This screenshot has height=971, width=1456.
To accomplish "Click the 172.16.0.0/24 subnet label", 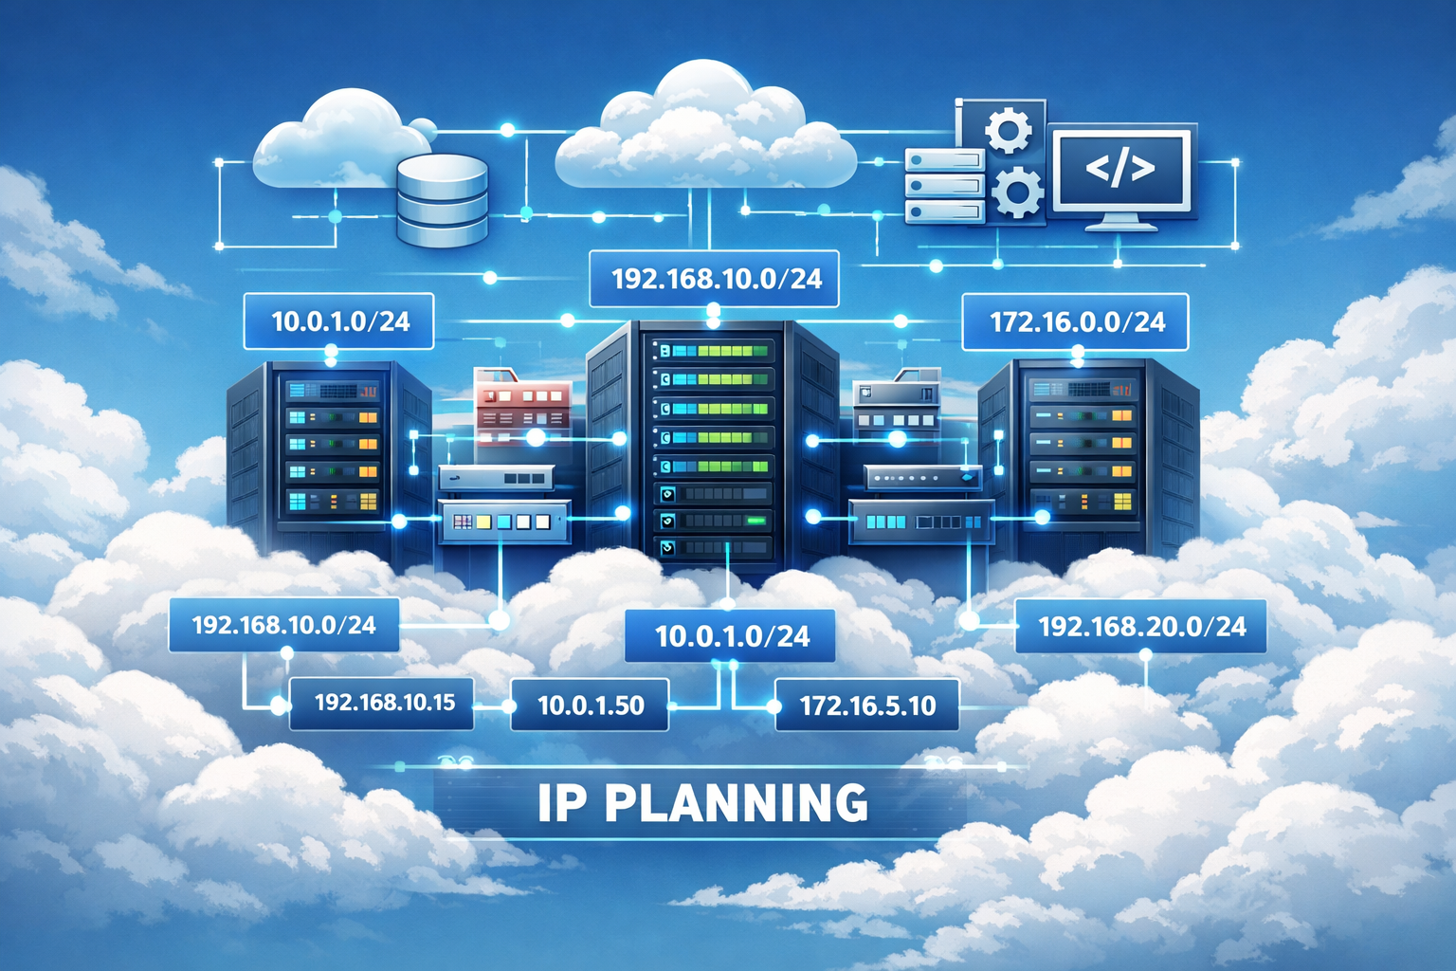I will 1076,322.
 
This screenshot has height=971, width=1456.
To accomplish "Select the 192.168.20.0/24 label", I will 1141,626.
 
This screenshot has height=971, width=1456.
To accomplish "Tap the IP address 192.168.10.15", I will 384,703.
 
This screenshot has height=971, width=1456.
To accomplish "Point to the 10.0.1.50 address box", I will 591,705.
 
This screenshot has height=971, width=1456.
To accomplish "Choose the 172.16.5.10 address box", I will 867,705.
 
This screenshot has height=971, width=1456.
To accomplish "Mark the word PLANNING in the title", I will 736,803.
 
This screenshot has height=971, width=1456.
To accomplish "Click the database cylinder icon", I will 442,201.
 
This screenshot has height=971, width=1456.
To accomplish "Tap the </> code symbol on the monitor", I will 1120,168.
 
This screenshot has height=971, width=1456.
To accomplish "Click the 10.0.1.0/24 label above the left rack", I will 339,321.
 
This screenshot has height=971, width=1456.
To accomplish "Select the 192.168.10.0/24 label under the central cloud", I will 716,279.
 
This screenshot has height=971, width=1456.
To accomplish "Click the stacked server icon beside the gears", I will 944,186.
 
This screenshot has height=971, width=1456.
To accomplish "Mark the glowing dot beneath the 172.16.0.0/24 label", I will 1078,354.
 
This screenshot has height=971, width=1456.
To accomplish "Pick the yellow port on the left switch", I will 483,522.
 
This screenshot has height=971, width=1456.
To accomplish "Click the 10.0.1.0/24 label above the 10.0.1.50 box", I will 731,635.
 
